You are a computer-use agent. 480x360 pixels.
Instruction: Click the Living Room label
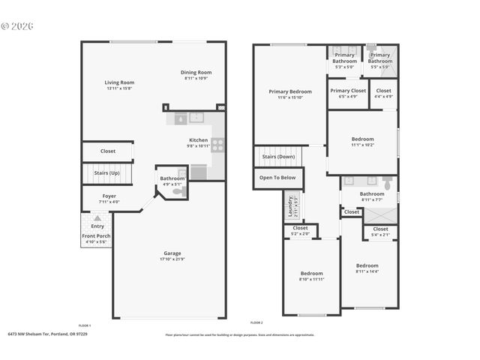pyautogui.click(x=118, y=82)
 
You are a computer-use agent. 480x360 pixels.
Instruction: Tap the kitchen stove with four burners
pyautogui.click(x=217, y=145)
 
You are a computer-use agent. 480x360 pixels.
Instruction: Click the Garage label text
pyautogui.click(x=172, y=253)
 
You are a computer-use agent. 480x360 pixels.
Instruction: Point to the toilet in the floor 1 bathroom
pyautogui.click(x=179, y=192)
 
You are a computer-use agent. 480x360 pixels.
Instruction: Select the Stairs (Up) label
pyautogui.click(x=106, y=173)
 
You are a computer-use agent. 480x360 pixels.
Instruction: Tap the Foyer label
pyautogui.click(x=109, y=196)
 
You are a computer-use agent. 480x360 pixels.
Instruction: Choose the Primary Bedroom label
pyautogui.click(x=289, y=91)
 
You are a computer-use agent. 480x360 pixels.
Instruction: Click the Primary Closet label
pyautogui.click(x=348, y=91)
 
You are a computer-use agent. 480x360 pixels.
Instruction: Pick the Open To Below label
pyautogui.click(x=277, y=178)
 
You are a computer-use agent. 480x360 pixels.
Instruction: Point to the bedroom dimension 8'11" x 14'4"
pyautogui.click(x=367, y=271)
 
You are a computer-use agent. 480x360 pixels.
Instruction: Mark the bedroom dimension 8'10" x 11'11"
pyautogui.click(x=311, y=278)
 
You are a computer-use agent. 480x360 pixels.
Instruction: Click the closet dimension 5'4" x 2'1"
pyautogui.click(x=380, y=235)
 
